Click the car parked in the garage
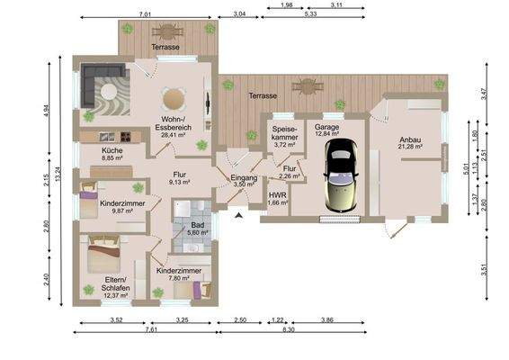point(341,175)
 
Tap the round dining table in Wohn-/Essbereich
point(174,99)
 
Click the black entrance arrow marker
point(239,215)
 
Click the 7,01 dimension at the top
point(145,14)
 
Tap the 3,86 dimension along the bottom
point(327,320)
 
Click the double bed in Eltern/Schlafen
point(104,255)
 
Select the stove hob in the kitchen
point(126,137)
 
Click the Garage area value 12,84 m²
point(326,133)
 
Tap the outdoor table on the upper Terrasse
point(168,31)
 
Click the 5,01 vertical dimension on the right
point(467,169)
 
